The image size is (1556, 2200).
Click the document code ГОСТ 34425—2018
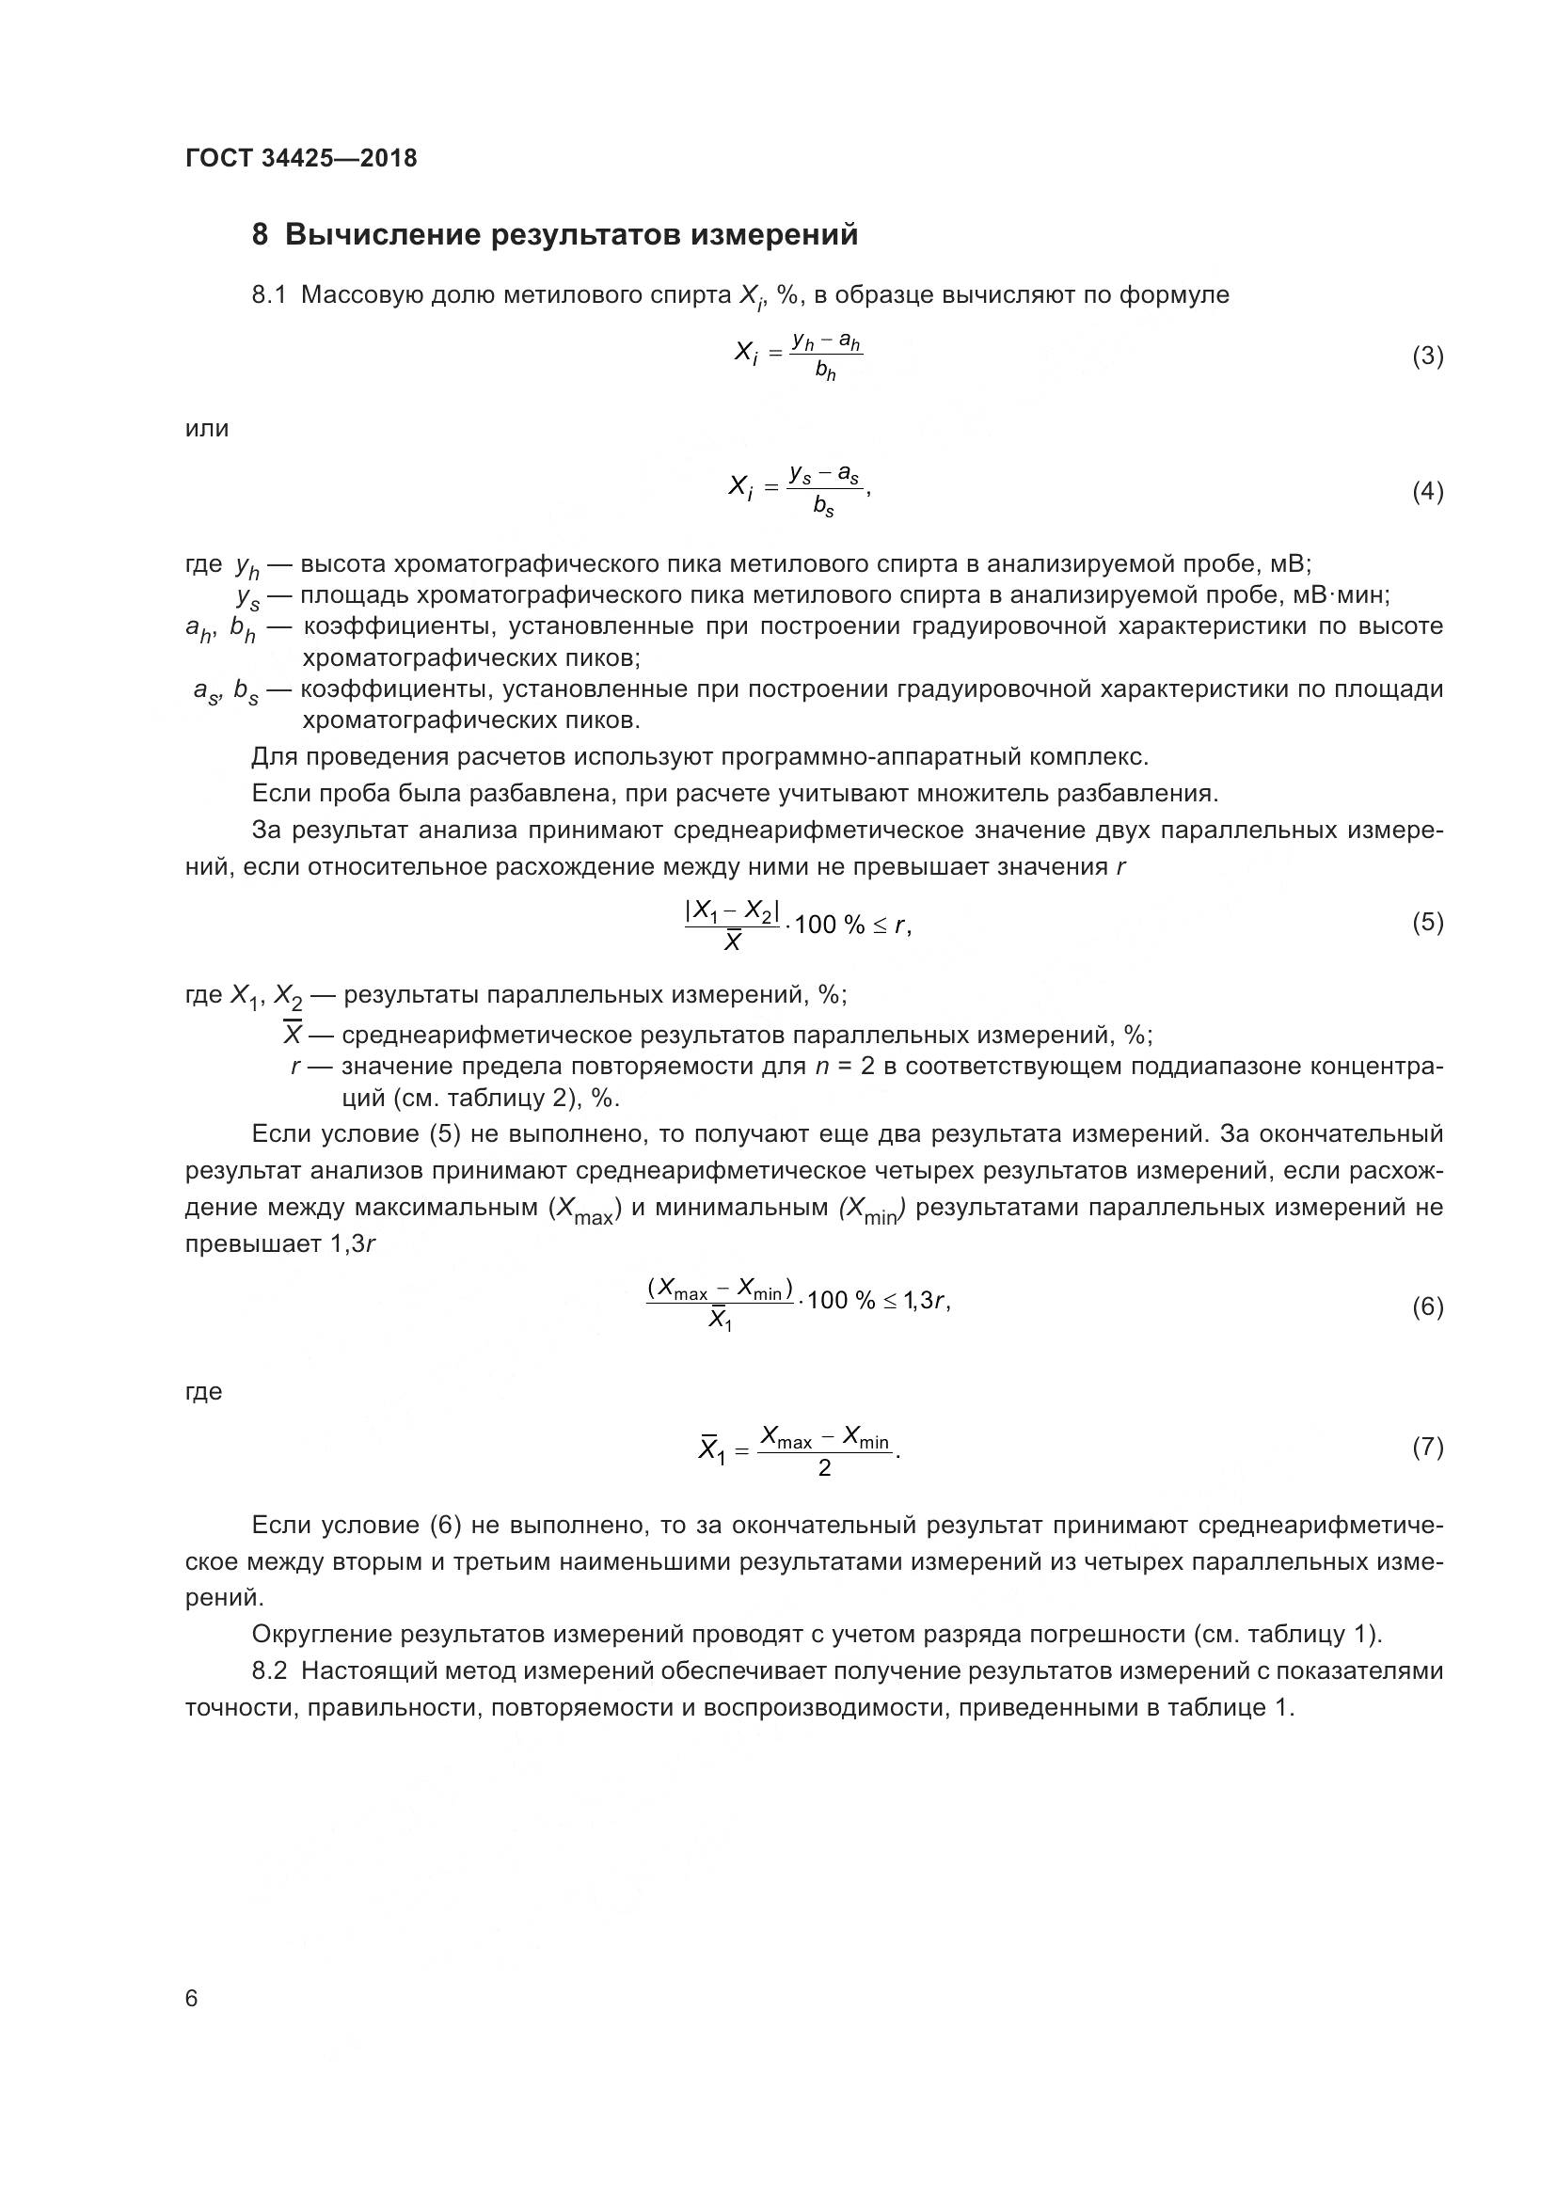coord(301,159)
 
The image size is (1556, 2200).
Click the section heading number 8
coord(260,235)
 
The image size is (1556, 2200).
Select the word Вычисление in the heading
coord(379,235)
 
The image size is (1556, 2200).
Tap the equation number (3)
coord(1427,356)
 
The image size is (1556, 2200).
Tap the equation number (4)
coord(1427,492)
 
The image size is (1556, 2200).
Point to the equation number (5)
coord(1427,922)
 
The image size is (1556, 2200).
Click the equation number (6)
coord(1427,1307)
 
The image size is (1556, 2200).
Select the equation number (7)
coord(1427,1447)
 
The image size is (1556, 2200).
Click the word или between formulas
coord(207,428)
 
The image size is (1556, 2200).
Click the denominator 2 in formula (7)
coord(824,1468)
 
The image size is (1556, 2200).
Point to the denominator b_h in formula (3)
coord(825,372)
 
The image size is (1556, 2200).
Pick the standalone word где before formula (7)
coord(203,1392)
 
